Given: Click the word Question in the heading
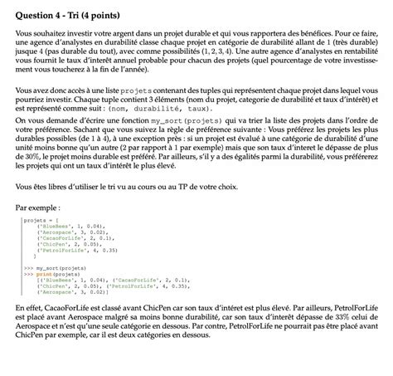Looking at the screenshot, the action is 38,11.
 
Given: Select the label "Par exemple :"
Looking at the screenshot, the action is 37,208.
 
